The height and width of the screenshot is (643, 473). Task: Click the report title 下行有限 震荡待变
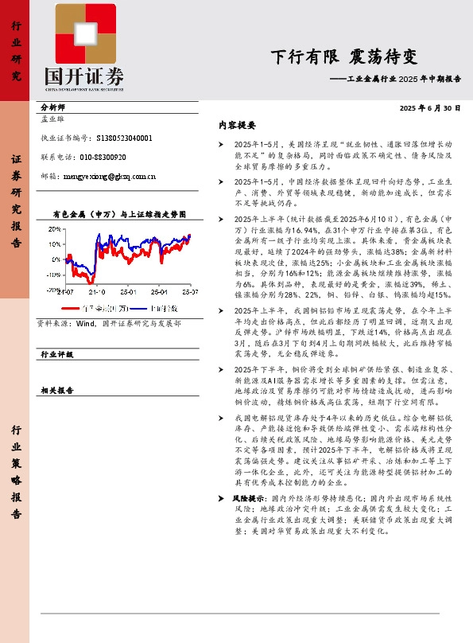pos(343,57)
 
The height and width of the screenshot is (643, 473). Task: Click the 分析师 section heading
pos(52,107)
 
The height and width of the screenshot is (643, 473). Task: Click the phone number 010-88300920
pos(103,157)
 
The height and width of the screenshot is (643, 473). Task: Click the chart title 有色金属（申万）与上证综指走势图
pos(118,215)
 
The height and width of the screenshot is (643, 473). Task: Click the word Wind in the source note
pos(86,324)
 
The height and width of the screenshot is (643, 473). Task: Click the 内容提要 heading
pos(237,126)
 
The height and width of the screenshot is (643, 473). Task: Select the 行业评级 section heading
pos(56,354)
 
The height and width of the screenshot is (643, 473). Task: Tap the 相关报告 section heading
pos(56,390)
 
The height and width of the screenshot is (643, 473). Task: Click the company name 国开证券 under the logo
pos(84,76)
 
